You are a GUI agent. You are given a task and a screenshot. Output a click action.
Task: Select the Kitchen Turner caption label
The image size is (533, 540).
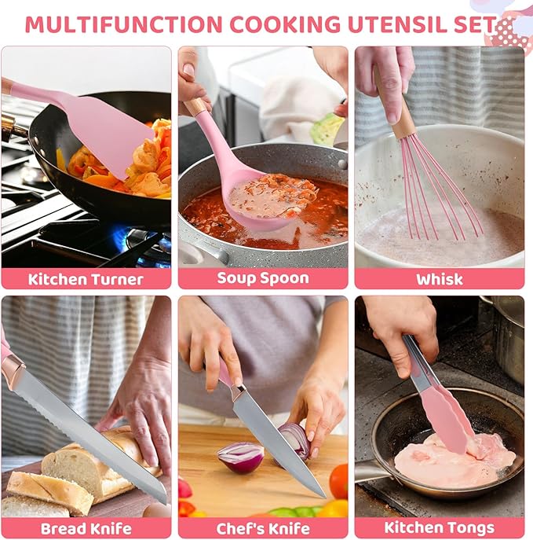pyautogui.click(x=86, y=278)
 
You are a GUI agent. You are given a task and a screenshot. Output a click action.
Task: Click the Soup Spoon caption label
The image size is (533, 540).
pyautogui.click(x=263, y=278)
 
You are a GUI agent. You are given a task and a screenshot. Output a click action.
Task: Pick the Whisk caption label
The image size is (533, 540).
pyautogui.click(x=440, y=278)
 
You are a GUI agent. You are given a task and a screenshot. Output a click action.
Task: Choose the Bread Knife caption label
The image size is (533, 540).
pyautogui.click(x=86, y=527)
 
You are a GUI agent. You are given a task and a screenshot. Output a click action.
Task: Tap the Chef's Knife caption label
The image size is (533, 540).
pyautogui.click(x=263, y=527)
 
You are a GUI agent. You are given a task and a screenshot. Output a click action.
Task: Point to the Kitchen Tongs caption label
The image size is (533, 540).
pyautogui.click(x=440, y=527)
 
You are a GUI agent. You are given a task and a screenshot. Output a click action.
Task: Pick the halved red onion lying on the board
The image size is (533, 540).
pyautogui.click(x=240, y=456)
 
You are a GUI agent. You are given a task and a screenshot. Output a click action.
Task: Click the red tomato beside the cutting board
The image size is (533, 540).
pyautogui.click(x=338, y=481)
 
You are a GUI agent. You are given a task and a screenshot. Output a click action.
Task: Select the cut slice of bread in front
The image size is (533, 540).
pyautogui.click(x=49, y=492)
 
